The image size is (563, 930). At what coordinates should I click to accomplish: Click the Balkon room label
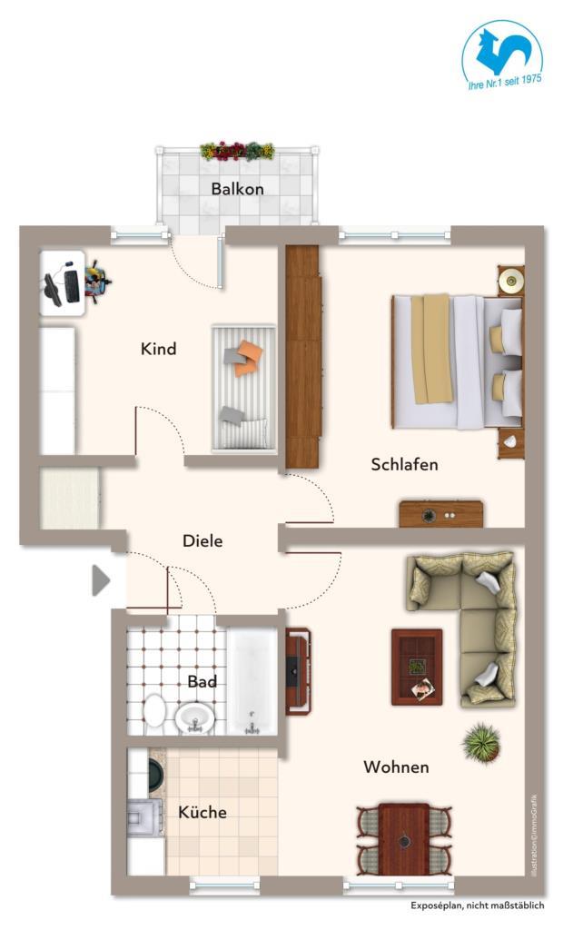(x=237, y=189)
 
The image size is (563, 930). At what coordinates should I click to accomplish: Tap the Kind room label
(x=158, y=348)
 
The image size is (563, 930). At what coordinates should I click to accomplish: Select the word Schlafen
(x=405, y=464)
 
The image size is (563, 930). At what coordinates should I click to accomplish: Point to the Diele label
(x=202, y=540)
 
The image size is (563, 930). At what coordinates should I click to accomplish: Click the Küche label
(x=202, y=811)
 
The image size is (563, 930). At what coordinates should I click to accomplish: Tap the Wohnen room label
(x=396, y=767)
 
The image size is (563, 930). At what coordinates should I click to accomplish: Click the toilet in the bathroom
(x=155, y=710)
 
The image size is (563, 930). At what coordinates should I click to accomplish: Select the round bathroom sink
(x=194, y=717)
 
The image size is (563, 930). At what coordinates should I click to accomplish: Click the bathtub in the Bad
(x=252, y=681)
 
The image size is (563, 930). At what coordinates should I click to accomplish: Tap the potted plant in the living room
(x=481, y=742)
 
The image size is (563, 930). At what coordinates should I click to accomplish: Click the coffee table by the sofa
(x=417, y=668)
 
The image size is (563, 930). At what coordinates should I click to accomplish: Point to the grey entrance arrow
(x=101, y=579)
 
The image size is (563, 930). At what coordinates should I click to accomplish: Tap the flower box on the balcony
(x=237, y=151)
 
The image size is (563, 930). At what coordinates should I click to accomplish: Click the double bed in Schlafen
(x=458, y=361)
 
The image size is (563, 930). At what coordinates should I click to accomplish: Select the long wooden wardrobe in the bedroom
(x=303, y=356)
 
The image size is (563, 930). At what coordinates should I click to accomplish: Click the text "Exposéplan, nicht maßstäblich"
(x=477, y=905)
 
